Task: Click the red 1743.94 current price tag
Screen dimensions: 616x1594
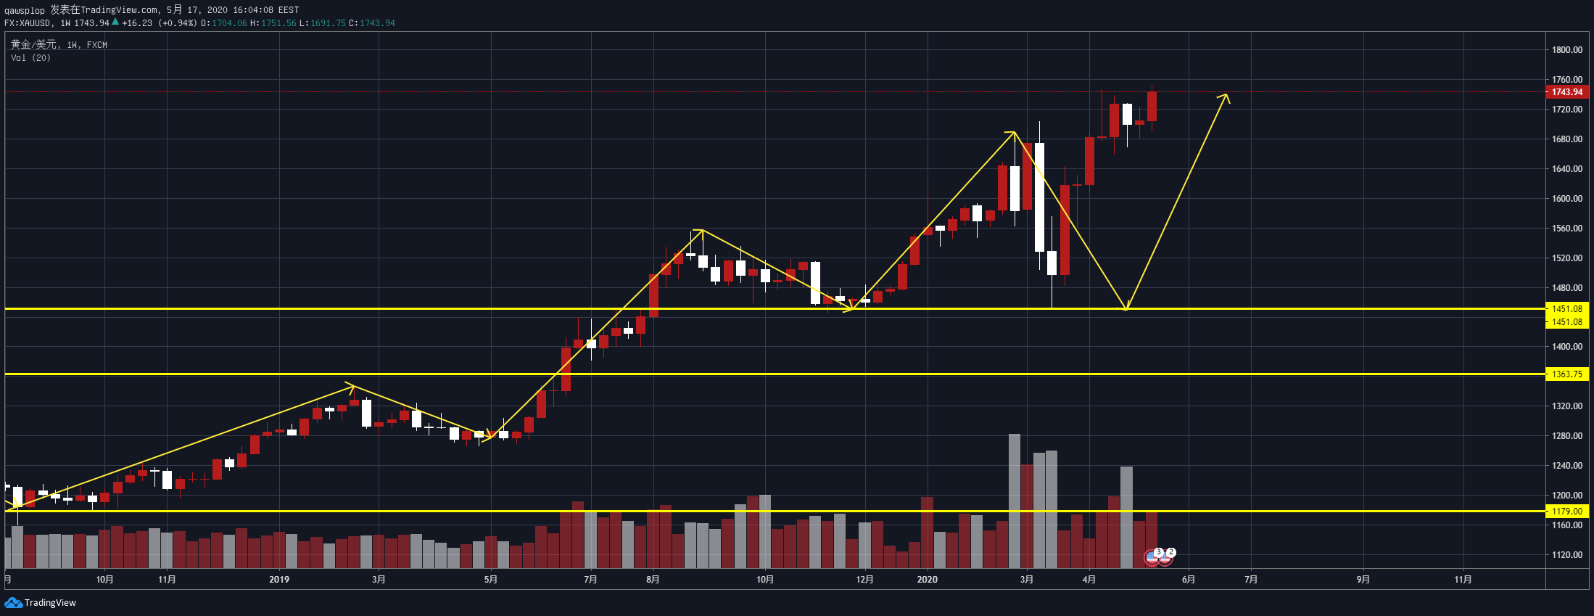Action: coord(1566,92)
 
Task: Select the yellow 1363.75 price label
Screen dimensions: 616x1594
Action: coord(1566,374)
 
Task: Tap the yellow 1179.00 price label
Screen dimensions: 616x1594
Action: coord(1566,512)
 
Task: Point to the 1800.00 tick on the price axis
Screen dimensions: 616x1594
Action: coord(1566,50)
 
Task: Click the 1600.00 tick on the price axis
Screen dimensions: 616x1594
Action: coord(1566,199)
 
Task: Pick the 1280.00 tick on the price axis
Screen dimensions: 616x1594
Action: coord(1566,436)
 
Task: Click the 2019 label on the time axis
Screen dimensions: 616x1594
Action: coord(278,580)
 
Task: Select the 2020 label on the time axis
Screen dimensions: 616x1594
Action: coord(927,580)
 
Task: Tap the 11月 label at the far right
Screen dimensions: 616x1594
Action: coord(1463,580)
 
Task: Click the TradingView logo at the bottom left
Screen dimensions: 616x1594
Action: coord(41,603)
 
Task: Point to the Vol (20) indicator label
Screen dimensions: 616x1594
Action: coord(30,58)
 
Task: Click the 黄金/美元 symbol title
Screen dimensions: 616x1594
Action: coord(33,45)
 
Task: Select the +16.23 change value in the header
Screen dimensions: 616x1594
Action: coord(137,23)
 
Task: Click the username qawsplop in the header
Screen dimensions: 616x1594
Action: coord(24,10)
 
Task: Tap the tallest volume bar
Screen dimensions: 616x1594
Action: coord(1014,501)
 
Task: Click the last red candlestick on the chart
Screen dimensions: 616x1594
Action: coord(1152,106)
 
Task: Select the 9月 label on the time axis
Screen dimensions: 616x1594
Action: coord(1363,580)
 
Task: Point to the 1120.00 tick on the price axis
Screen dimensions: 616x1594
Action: coord(1566,555)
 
